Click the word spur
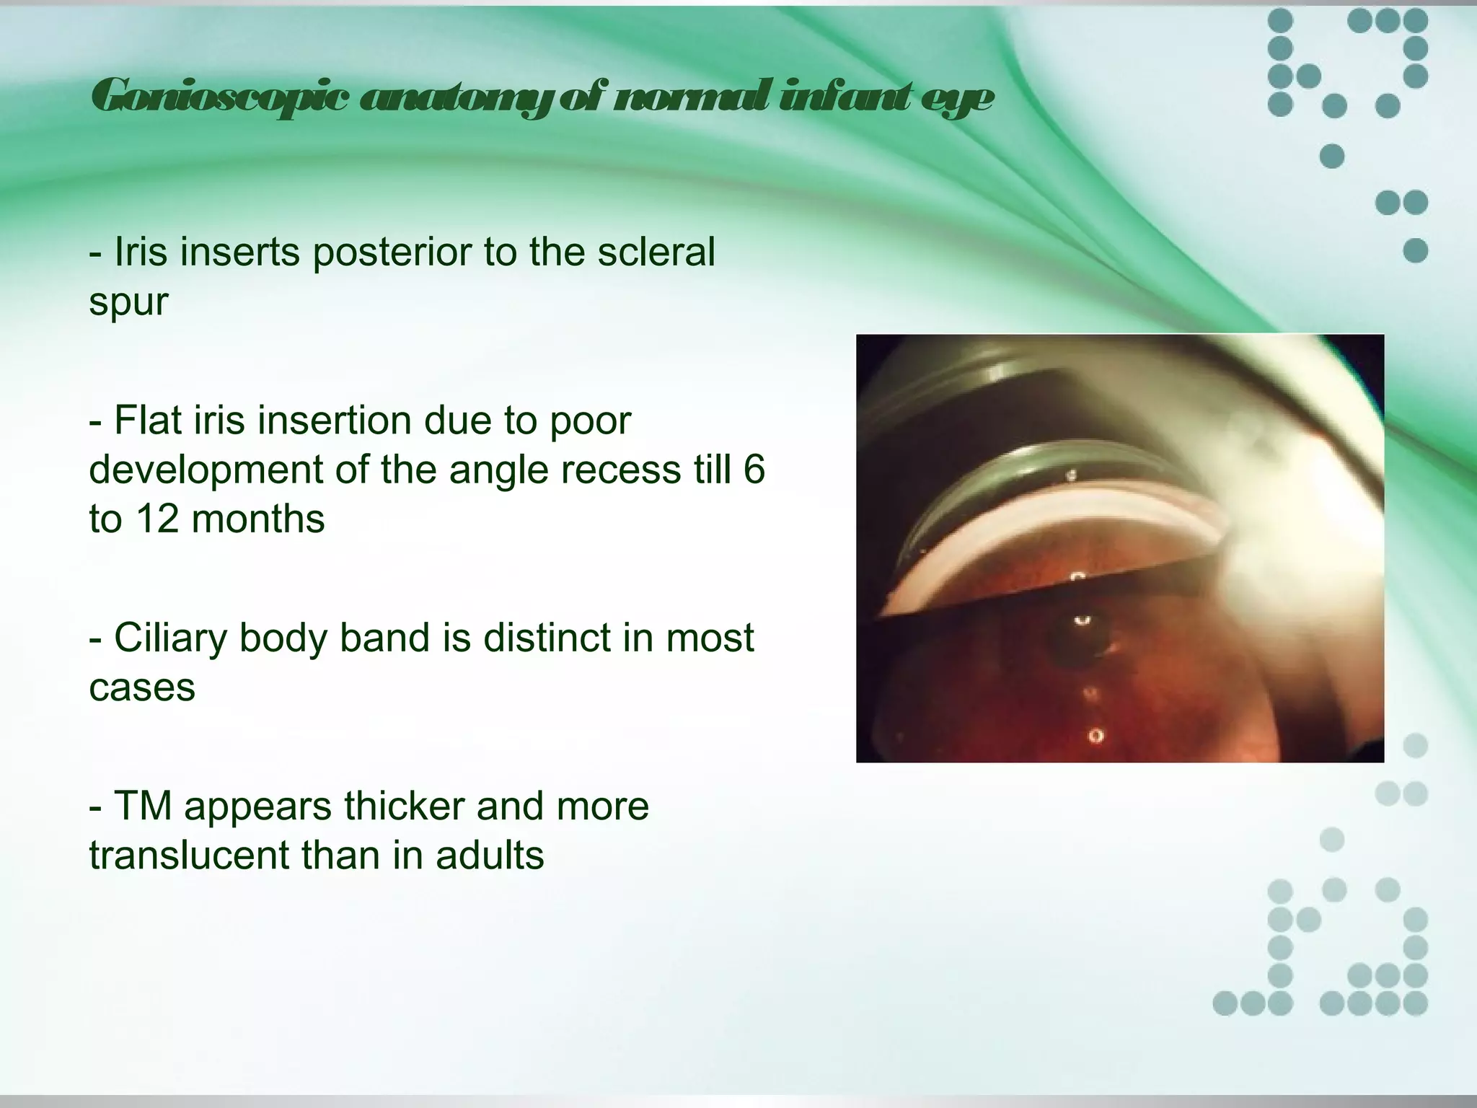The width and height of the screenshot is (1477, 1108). [x=128, y=302]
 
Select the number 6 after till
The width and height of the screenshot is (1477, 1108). [x=753, y=470]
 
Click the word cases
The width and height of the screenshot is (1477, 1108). [x=142, y=687]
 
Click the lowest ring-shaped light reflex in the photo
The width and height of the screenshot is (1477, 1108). [x=1095, y=736]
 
